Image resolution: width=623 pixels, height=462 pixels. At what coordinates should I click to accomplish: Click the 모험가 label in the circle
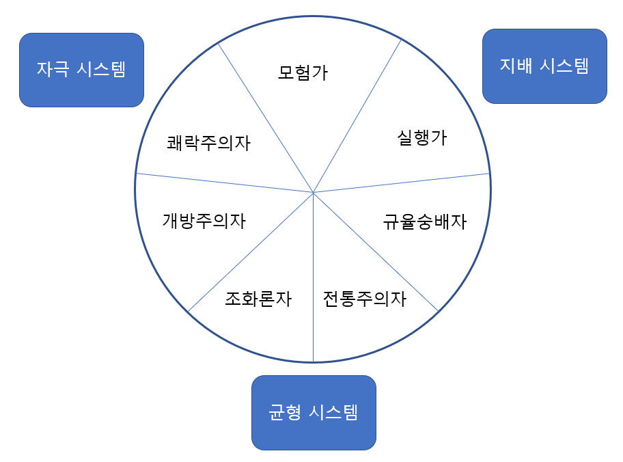(303, 72)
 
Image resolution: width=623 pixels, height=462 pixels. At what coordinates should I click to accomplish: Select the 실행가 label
(421, 137)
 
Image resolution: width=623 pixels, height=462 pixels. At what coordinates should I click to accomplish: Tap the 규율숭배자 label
(424, 221)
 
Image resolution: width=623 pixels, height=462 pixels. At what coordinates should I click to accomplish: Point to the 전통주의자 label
(364, 299)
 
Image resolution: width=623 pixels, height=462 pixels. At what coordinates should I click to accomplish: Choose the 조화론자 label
(258, 299)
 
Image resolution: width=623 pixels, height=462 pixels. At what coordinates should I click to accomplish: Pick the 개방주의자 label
(204, 221)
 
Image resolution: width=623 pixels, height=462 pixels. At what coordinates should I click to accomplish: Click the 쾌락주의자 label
(208, 143)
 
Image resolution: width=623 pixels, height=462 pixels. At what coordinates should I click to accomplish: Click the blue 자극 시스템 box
(81, 70)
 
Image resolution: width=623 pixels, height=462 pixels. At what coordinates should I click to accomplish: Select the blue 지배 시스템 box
(544, 66)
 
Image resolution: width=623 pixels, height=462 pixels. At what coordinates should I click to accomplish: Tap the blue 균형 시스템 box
(314, 412)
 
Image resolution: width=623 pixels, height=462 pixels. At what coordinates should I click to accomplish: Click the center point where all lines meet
(314, 193)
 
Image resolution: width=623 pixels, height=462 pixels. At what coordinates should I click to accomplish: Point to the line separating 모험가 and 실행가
(357, 116)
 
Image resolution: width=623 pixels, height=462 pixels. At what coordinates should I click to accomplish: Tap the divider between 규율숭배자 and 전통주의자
(376, 252)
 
